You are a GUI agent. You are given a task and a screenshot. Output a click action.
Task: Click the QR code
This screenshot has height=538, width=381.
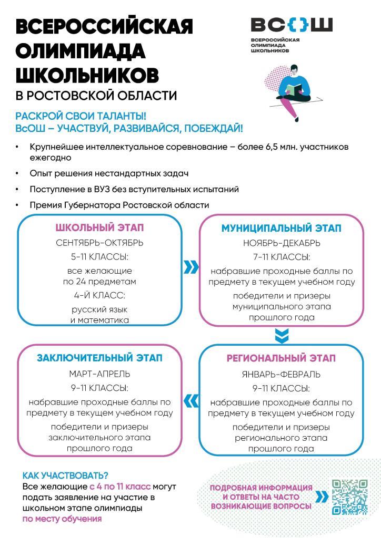(349, 496)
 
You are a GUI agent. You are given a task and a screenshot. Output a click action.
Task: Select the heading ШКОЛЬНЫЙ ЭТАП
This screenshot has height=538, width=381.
(99, 228)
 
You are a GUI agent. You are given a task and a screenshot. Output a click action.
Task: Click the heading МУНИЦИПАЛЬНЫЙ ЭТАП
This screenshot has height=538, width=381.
(281, 229)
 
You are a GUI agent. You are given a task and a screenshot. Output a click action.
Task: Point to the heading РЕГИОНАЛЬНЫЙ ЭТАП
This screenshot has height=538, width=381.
(281, 358)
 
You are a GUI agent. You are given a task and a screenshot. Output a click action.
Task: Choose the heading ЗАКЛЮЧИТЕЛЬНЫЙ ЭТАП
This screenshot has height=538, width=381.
(99, 358)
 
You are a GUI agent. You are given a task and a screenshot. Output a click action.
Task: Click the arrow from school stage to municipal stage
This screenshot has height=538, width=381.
(190, 268)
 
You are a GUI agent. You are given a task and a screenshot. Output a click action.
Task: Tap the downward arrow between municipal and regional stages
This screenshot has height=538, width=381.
(282, 336)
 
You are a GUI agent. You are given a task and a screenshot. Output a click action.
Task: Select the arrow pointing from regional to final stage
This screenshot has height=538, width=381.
(192, 401)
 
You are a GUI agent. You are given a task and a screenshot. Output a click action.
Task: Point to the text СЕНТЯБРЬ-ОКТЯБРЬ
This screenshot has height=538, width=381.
(99, 243)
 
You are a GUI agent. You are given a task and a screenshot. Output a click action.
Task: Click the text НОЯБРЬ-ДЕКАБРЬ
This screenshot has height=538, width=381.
(281, 243)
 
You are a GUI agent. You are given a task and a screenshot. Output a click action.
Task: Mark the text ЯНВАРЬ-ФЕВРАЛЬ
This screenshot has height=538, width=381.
(281, 375)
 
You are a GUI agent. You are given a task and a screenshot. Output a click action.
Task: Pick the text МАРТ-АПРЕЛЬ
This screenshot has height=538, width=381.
(99, 374)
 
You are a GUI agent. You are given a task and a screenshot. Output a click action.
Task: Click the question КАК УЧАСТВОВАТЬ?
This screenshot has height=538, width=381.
(65, 476)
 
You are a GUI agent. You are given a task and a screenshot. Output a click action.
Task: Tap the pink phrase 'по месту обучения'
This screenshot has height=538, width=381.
(62, 519)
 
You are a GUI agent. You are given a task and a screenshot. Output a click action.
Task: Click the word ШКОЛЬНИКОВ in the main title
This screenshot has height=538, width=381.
(87, 75)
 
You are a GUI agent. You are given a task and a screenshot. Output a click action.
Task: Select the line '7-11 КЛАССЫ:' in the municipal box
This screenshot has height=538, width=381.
(281, 257)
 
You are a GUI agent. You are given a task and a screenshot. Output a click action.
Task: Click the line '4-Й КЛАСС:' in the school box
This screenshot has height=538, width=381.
(99, 295)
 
